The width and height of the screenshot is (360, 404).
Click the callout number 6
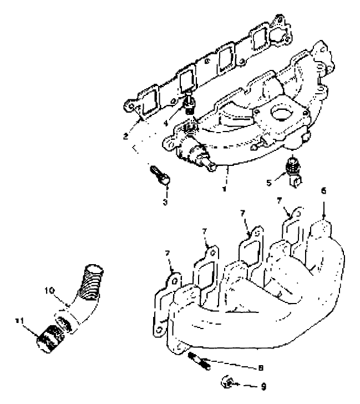[323, 190]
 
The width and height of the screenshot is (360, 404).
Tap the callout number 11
[19, 320]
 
